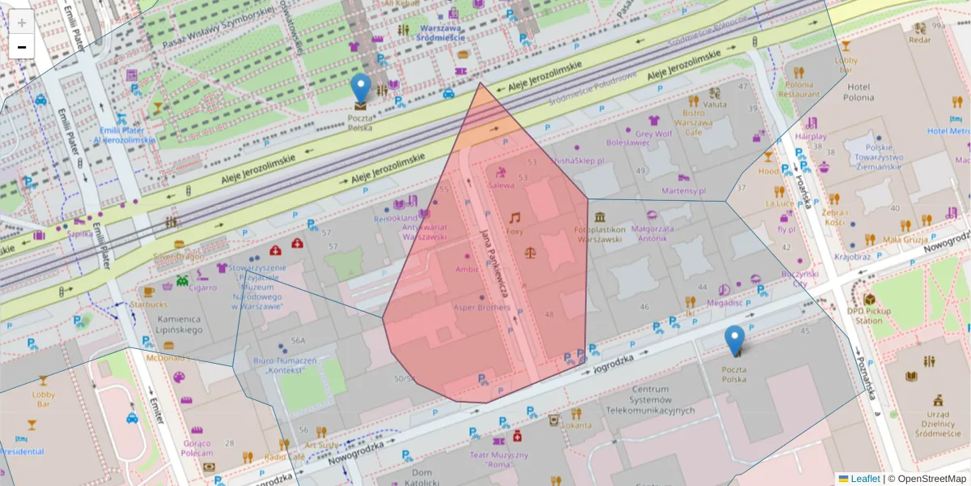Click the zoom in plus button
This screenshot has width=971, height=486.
(22, 23)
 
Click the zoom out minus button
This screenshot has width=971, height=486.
(22, 47)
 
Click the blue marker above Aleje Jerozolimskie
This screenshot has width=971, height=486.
(361, 89)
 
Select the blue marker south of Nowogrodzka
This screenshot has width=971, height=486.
(735, 340)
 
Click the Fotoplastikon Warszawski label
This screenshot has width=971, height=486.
(599, 234)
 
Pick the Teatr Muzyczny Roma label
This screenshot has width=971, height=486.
(507, 461)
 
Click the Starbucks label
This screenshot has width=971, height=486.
(149, 304)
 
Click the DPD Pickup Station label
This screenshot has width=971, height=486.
(869, 314)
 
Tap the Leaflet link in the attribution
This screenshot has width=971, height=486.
(865, 479)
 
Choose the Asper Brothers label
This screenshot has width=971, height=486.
(481, 308)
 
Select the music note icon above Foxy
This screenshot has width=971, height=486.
(515, 217)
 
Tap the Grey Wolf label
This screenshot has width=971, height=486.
(654, 134)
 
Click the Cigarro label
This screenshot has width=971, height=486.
(203, 287)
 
